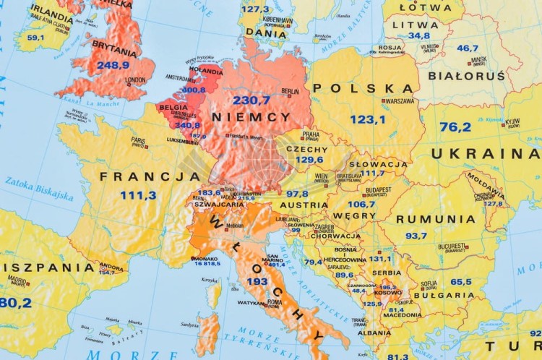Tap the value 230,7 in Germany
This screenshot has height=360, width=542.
click(x=251, y=100)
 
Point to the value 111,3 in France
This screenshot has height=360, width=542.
click(x=138, y=195)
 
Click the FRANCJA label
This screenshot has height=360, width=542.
click(x=150, y=176)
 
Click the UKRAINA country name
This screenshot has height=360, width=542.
click(x=485, y=153)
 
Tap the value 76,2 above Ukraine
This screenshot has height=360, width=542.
click(x=455, y=127)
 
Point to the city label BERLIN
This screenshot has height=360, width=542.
click(x=290, y=91)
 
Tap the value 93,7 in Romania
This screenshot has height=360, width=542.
click(x=416, y=236)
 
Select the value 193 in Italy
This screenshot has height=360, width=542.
click(x=257, y=281)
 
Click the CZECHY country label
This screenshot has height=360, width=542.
click(x=307, y=149)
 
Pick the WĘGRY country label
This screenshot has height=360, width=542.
click(x=353, y=215)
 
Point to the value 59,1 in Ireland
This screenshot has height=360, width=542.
click(x=35, y=38)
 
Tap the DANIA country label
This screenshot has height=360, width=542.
click(x=266, y=33)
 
